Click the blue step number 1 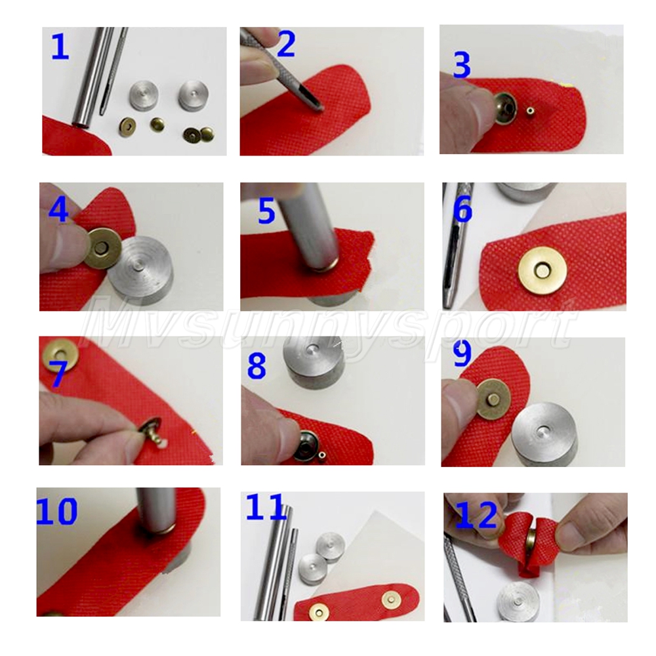tap(60, 47)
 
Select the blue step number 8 tap(256, 365)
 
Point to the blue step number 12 tap(476, 515)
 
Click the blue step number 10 tap(57, 511)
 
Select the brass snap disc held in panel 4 tap(102, 249)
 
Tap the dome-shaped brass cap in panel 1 tap(157, 124)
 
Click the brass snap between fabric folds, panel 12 tap(531, 543)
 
